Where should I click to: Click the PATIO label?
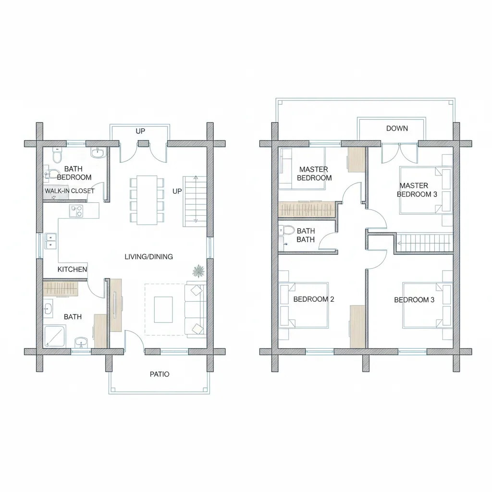pos(160,374)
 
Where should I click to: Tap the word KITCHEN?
pos(72,269)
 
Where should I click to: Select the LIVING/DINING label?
pos(149,257)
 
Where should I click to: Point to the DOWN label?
pos(397,128)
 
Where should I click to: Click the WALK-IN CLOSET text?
pos(69,191)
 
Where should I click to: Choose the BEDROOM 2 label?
pos(314,299)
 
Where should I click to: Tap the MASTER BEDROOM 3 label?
pos(417,190)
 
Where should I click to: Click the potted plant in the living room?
pos(198,271)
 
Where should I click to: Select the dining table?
pos(147,200)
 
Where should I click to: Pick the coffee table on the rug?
pos(163,309)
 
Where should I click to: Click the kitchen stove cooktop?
pos(76,211)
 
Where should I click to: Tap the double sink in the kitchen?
pos(50,241)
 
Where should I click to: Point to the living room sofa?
pos(195,309)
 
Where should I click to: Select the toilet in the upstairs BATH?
pos(286,230)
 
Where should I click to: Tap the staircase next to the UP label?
pos(195,201)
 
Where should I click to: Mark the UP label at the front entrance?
pos(140,131)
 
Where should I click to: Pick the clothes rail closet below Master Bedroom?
pos(307,209)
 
